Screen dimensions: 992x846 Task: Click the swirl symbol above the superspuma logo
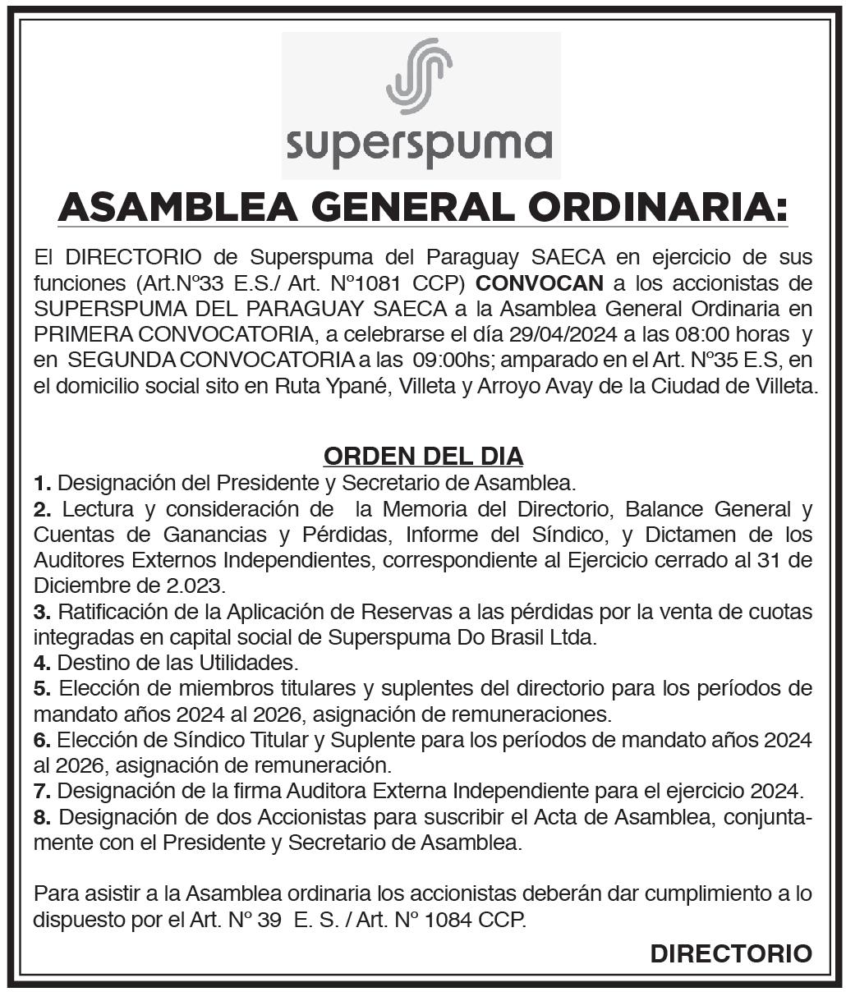419,76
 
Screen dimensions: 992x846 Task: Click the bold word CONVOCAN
540,284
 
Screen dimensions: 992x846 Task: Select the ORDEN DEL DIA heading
423,456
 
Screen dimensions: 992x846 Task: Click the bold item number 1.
42,482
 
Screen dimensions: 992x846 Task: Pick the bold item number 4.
42,662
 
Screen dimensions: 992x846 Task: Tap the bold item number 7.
42,792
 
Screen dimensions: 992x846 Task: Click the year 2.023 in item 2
195,586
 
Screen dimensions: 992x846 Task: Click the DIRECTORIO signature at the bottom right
730,954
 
